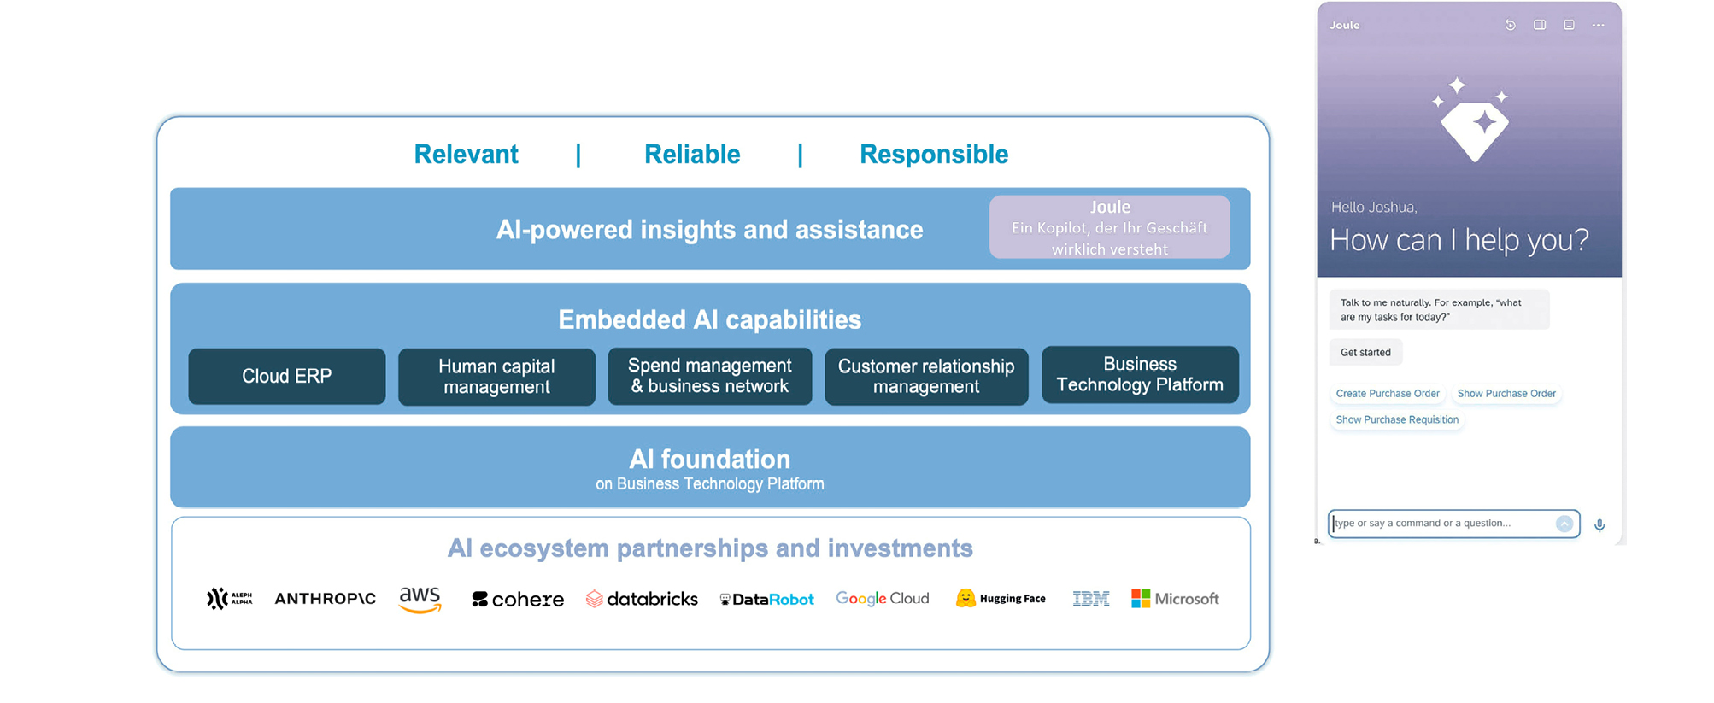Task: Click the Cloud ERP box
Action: point(286,376)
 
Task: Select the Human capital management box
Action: point(496,377)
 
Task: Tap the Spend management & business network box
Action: point(709,376)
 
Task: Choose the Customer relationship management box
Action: point(926,377)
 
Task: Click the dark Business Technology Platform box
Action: point(1140,374)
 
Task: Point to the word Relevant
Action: point(466,155)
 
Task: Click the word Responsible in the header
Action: point(933,155)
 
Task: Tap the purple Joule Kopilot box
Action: point(1109,227)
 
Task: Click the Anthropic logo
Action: point(325,599)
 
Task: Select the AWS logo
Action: point(420,599)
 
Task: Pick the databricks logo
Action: point(642,599)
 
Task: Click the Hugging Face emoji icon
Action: point(966,598)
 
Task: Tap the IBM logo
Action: point(1090,599)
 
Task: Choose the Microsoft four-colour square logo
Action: point(1141,598)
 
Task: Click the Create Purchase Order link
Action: point(1388,394)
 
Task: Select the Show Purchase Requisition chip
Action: point(1397,420)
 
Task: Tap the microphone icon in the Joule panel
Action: point(1600,525)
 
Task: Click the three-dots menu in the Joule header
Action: point(1598,26)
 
